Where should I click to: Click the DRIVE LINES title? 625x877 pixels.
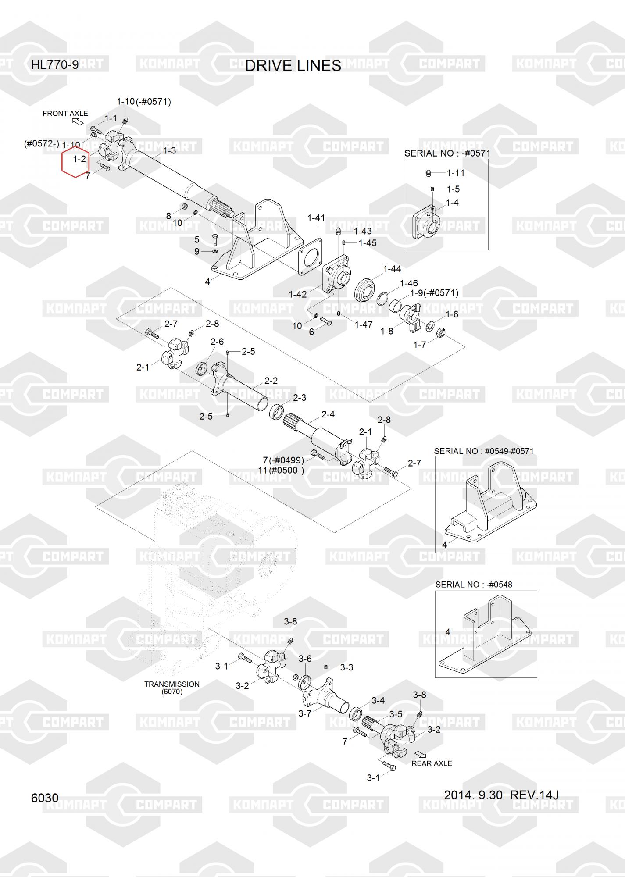293,66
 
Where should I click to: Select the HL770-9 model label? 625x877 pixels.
55,65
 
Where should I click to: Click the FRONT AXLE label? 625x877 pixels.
65,114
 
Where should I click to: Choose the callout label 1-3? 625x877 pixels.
170,151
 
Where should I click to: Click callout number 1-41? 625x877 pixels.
316,218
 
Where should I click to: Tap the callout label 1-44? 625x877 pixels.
392,269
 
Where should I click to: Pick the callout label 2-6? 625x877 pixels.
217,342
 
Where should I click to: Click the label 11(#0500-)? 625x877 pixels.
281,471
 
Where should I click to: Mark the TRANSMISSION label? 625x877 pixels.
172,684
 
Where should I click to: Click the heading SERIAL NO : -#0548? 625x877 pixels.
474,585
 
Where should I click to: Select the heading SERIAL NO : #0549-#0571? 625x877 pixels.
484,451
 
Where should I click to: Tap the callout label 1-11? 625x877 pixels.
456,173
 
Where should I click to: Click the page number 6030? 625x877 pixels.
45,798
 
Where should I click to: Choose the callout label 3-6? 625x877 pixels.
305,659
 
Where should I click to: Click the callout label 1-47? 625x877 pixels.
364,324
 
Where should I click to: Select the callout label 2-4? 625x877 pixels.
328,414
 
